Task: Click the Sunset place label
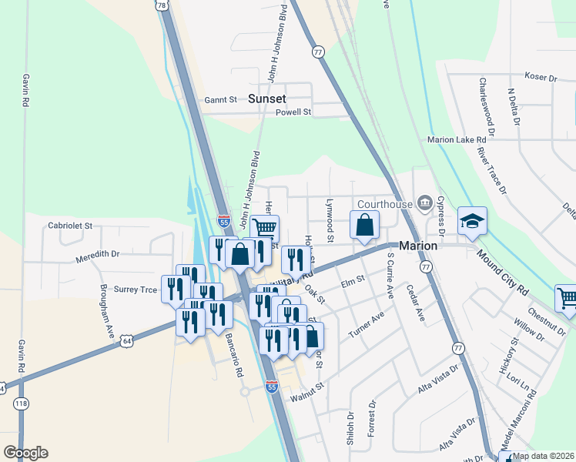tap(267, 99)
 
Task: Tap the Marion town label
tap(417, 246)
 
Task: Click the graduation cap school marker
tap(472, 222)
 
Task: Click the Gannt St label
tap(222, 99)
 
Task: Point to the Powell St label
tap(293, 112)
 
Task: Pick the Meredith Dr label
tap(98, 253)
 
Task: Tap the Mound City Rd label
tap(502, 271)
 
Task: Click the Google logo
tap(25, 453)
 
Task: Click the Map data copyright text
tap(544, 456)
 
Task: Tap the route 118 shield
tap(22, 403)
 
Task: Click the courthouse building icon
tap(425, 203)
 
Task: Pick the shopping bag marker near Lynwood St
tap(365, 226)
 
